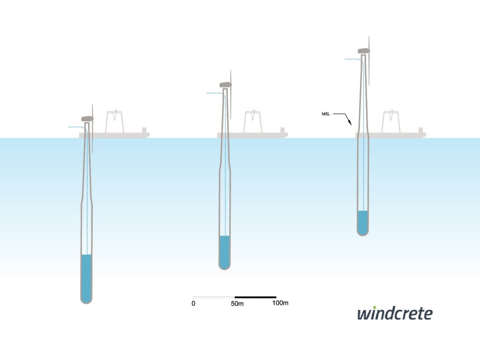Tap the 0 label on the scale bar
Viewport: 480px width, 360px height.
tap(194, 303)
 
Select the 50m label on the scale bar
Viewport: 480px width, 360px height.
tap(238, 303)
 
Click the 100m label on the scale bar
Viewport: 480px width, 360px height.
tap(280, 303)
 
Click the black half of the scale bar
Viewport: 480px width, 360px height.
tap(255, 297)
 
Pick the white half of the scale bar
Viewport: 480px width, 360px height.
tap(214, 297)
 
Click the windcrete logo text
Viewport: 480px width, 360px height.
tap(395, 314)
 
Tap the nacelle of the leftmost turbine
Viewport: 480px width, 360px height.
tap(87, 119)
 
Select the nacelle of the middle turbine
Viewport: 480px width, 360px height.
tap(225, 85)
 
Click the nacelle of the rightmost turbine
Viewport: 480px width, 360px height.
tap(363, 51)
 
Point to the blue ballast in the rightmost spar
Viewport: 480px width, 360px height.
tap(362, 222)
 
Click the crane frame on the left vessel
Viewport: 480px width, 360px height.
tap(114, 122)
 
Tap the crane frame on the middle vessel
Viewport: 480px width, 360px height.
tap(253, 122)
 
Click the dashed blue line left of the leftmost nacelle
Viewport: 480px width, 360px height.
tap(75, 127)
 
